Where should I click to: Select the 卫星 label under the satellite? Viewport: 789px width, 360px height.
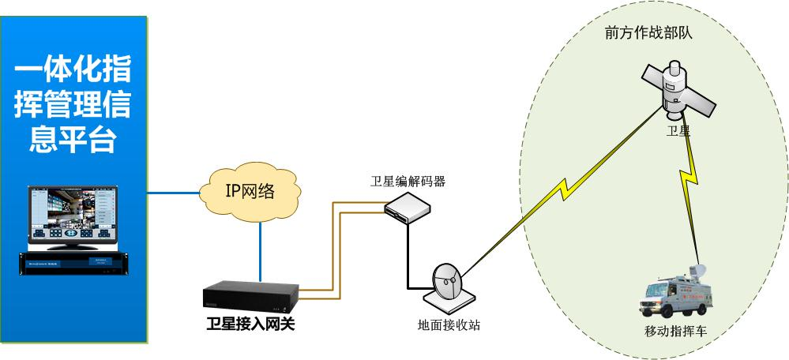pyautogui.click(x=678, y=132)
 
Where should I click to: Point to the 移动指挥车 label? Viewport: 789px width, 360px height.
pyautogui.click(x=676, y=332)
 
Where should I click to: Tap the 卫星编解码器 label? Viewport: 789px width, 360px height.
pyautogui.click(x=408, y=181)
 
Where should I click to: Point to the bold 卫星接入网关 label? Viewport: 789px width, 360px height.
pyautogui.click(x=250, y=324)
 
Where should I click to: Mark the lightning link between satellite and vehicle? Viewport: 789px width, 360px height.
pyautogui.click(x=690, y=182)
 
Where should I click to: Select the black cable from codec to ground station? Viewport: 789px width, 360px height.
pyautogui.click(x=410, y=261)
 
